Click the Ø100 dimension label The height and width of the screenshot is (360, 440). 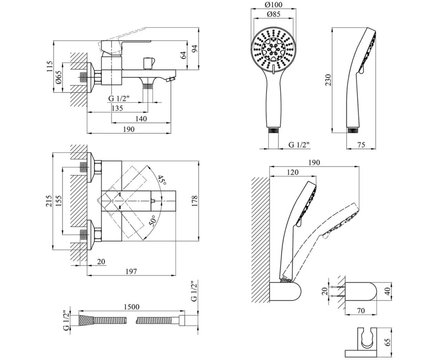click(x=273, y=5)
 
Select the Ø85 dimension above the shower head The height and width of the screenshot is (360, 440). click(x=273, y=14)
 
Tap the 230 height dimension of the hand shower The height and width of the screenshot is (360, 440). click(x=328, y=80)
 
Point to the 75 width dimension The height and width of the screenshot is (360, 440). click(x=361, y=144)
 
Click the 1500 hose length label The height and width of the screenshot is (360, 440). click(x=131, y=307)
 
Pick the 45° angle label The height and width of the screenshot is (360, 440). click(x=161, y=180)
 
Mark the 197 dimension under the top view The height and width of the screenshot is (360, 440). click(x=131, y=271)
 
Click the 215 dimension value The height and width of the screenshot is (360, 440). click(x=49, y=201)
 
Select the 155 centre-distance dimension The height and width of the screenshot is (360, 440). click(x=59, y=201)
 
